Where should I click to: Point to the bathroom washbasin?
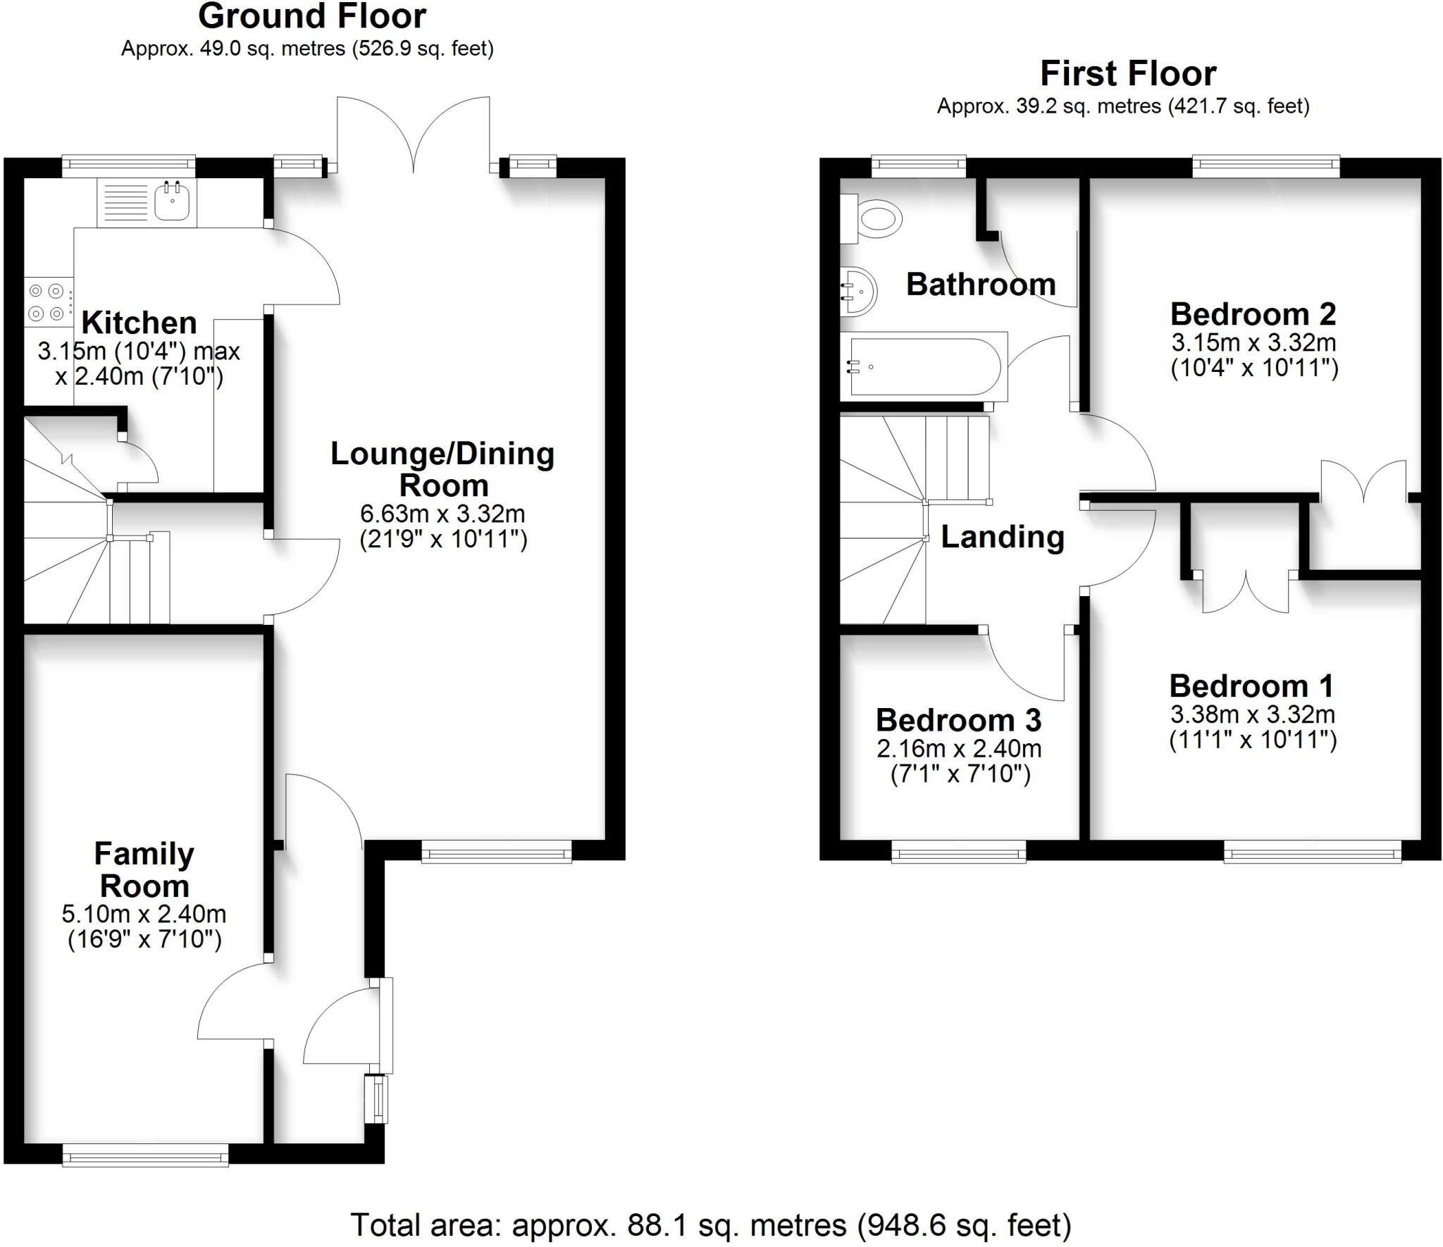click(x=858, y=292)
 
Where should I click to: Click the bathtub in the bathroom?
click(x=924, y=367)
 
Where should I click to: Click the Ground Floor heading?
click(x=312, y=16)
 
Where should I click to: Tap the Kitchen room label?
click(x=140, y=323)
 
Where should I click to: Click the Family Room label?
click(x=144, y=869)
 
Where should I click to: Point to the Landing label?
click(x=1003, y=537)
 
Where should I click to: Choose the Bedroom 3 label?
click(x=959, y=719)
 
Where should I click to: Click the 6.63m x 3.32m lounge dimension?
click(x=443, y=514)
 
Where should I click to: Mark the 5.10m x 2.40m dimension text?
click(x=144, y=914)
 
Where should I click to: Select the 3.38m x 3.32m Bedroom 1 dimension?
click(x=1253, y=714)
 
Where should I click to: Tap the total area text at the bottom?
click(x=711, y=1224)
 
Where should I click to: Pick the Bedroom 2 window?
click(x=1266, y=167)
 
